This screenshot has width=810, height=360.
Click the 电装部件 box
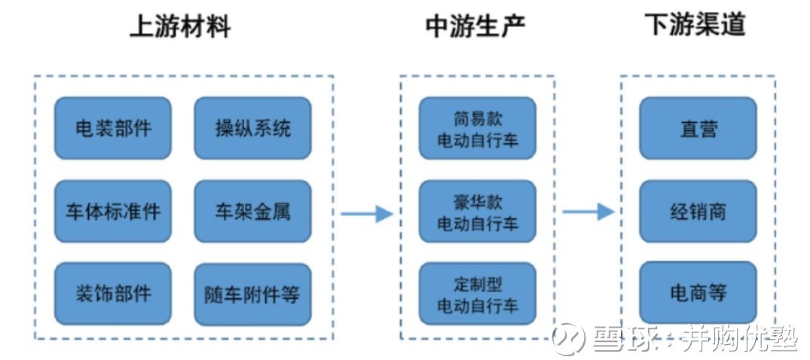click(113, 128)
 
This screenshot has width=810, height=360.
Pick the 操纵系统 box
click(252, 128)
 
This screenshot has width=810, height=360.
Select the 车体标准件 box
click(113, 211)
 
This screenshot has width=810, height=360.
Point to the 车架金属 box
click(252, 211)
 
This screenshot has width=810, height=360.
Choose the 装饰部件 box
click(113, 294)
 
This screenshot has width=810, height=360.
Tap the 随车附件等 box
click(252, 294)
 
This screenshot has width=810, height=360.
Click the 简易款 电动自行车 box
click(477, 128)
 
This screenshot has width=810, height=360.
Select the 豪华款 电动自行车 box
click(477, 211)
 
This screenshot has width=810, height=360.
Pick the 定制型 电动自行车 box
click(477, 294)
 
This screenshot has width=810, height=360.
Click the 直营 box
click(698, 128)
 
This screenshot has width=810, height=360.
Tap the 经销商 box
click(698, 211)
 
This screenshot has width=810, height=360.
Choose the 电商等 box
click(698, 294)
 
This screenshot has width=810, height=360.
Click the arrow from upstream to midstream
click(367, 213)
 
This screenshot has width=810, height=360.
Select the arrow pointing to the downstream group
click(588, 211)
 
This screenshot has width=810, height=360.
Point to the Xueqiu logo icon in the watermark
click(568, 340)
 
